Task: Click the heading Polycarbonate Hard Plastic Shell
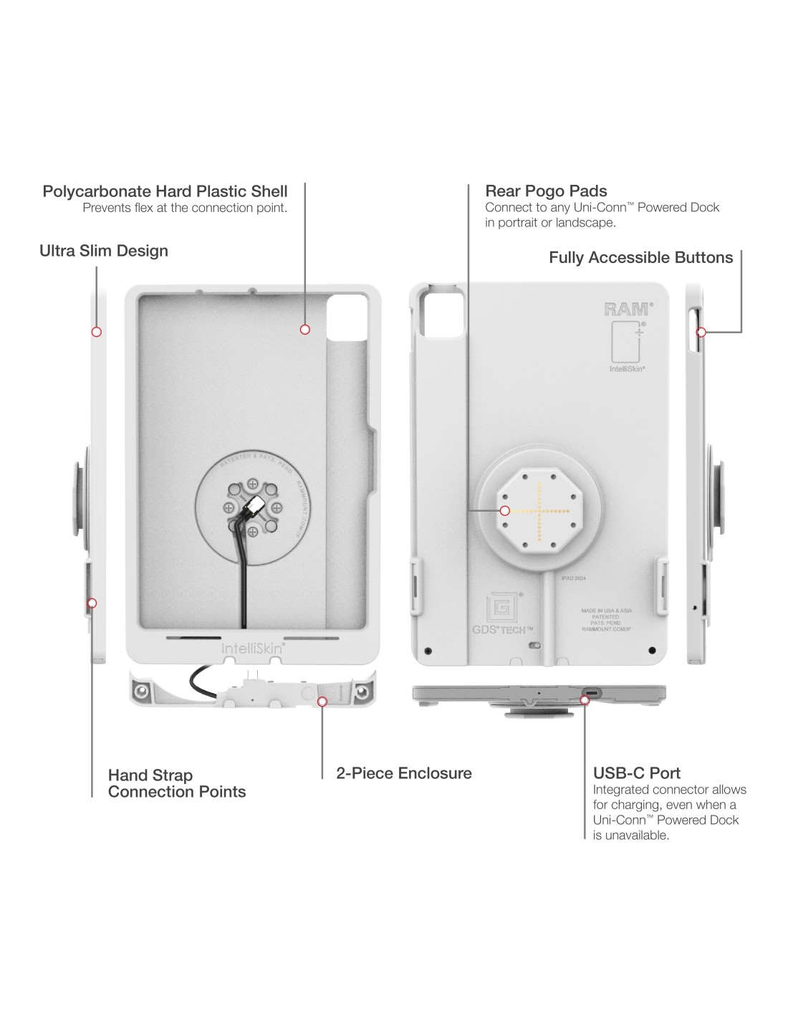pyautogui.click(x=165, y=191)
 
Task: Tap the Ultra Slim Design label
pyautogui.click(x=104, y=251)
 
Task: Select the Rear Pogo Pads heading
pyautogui.click(x=546, y=191)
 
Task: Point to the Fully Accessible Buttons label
pyautogui.click(x=640, y=257)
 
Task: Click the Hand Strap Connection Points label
pyautogui.click(x=177, y=783)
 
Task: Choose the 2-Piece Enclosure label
pyautogui.click(x=404, y=773)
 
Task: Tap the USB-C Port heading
pyautogui.click(x=636, y=773)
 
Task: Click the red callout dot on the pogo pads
pyautogui.click(x=506, y=511)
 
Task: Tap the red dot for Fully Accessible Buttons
pyautogui.click(x=702, y=332)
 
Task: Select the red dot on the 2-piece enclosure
pyautogui.click(x=322, y=702)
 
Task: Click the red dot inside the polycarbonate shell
pyautogui.click(x=305, y=330)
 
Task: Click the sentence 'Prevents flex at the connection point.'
pyautogui.click(x=185, y=209)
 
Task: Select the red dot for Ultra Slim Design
pyautogui.click(x=97, y=332)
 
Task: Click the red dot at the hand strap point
pyautogui.click(x=92, y=603)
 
